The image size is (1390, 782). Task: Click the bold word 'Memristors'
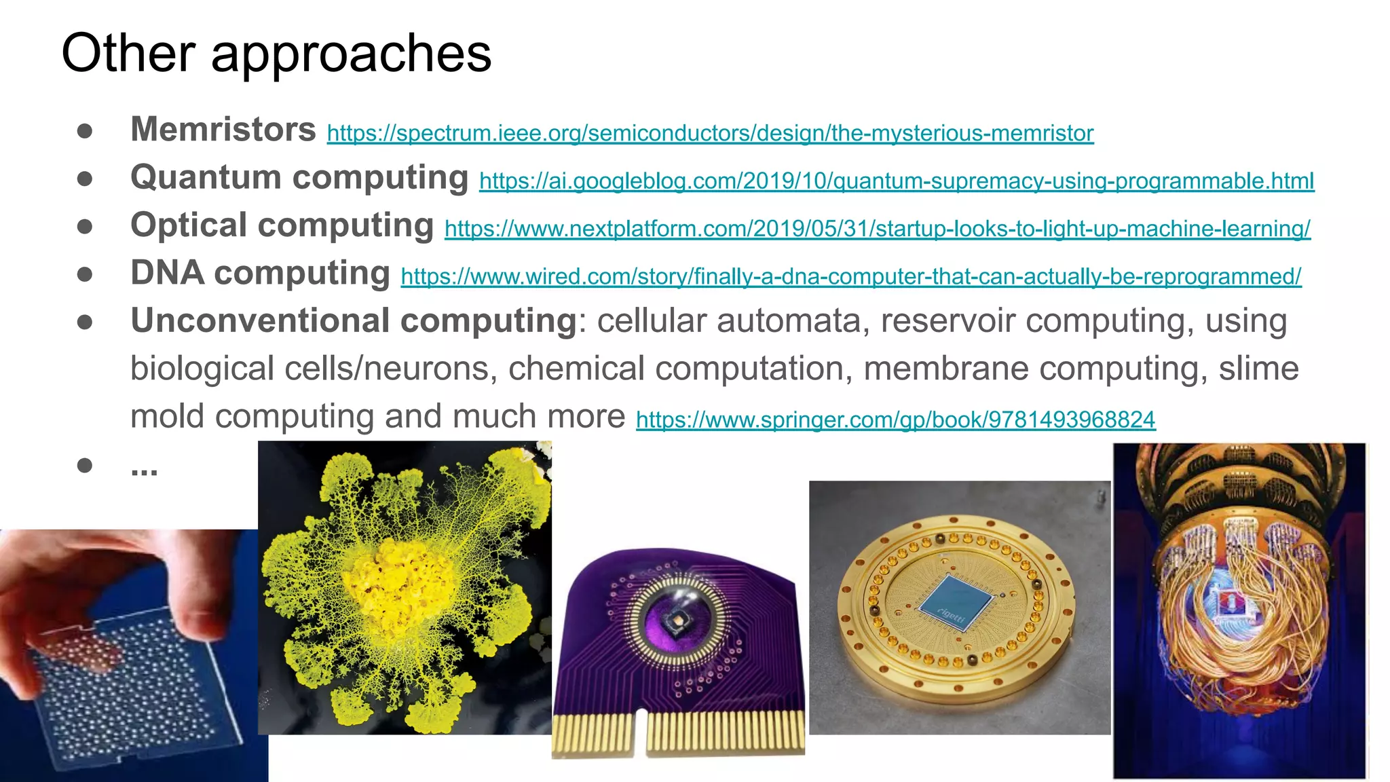(x=223, y=129)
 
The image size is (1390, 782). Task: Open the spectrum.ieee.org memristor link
(x=710, y=133)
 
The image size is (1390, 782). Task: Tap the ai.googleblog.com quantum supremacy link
(x=896, y=181)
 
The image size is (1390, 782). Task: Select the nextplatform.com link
(x=877, y=229)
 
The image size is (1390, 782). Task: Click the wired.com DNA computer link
(x=850, y=277)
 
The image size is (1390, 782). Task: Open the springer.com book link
(x=895, y=420)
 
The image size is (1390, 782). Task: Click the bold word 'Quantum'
(x=206, y=177)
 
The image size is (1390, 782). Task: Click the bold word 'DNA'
(x=167, y=273)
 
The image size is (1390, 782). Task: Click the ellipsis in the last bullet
(x=144, y=468)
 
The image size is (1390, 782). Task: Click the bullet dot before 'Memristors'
(x=85, y=130)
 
